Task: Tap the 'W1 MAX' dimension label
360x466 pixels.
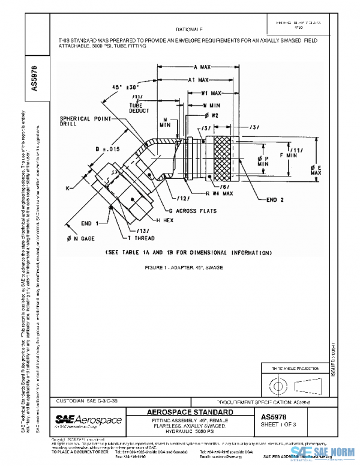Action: coord(212,93)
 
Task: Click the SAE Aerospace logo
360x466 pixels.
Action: coord(88,419)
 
